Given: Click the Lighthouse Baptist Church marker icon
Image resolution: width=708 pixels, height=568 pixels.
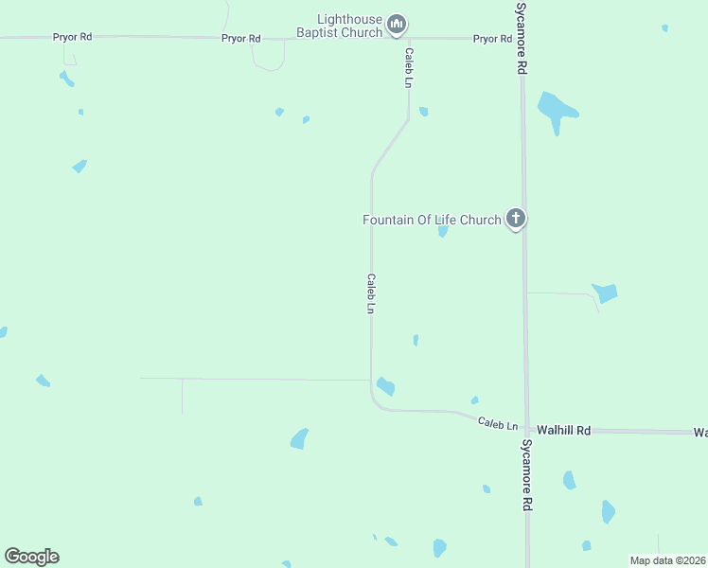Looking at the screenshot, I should [x=397, y=24].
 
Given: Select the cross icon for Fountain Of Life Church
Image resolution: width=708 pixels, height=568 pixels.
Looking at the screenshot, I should [x=515, y=220].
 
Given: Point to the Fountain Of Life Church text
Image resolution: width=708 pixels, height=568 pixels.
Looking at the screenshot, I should [x=432, y=220].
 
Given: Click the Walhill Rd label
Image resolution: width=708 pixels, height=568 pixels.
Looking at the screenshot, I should [x=563, y=430].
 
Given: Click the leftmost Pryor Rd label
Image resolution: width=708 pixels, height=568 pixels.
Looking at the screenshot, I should [x=72, y=37].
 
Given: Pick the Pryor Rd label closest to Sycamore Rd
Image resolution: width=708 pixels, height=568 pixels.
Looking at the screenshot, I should [x=492, y=39].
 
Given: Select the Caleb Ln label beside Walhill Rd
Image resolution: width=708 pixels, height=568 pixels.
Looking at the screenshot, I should [x=498, y=424].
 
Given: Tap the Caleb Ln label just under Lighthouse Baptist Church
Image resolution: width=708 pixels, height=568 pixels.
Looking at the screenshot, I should [x=409, y=68].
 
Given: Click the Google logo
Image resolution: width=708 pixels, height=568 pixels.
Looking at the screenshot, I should [x=31, y=557].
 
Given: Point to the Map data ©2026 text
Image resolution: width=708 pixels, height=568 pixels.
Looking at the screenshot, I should [x=667, y=560].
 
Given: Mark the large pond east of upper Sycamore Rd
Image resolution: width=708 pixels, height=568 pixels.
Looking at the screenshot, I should [x=557, y=110].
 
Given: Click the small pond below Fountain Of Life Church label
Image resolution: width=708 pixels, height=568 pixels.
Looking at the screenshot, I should [x=442, y=230].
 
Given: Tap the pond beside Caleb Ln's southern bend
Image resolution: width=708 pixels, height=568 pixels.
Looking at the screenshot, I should [x=385, y=386].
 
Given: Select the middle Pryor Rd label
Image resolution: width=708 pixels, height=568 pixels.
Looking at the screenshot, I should [x=240, y=38].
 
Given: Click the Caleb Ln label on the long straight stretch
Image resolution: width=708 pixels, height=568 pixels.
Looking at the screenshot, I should [x=372, y=294].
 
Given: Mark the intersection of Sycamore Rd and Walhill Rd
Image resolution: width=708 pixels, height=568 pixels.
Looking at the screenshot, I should [x=526, y=430].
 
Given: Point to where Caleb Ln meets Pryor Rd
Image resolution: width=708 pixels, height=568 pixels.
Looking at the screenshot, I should [x=408, y=39].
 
